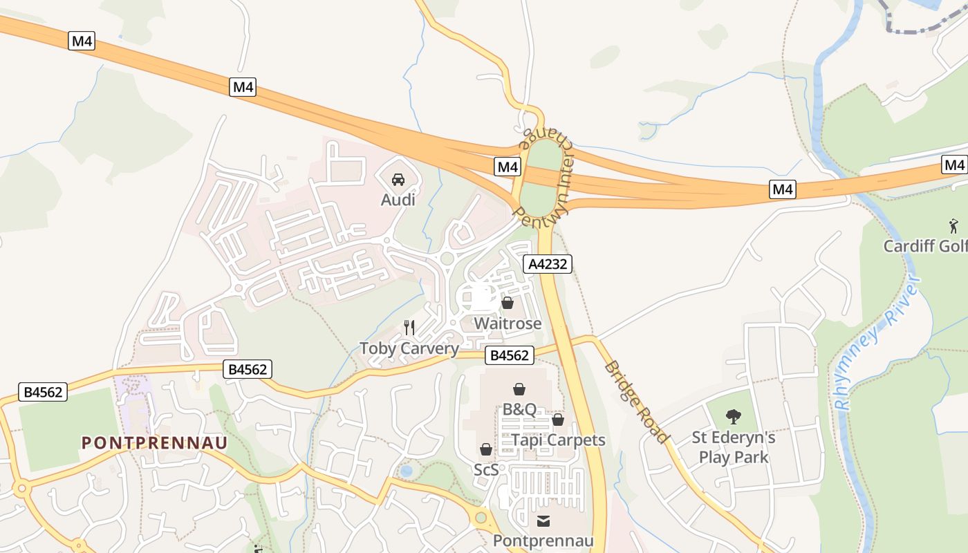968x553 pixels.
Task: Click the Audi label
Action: click(x=398, y=200)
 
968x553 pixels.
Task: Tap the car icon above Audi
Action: click(x=398, y=180)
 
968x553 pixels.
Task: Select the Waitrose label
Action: click(x=508, y=324)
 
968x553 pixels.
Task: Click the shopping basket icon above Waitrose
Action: click(x=508, y=303)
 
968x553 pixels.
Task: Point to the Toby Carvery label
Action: click(x=409, y=348)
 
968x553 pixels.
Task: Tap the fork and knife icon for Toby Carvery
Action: click(x=409, y=327)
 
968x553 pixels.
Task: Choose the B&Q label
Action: click(x=519, y=409)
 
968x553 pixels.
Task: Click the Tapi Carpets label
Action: click(x=558, y=440)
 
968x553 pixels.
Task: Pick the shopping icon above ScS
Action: click(x=486, y=449)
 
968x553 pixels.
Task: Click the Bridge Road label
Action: click(x=636, y=402)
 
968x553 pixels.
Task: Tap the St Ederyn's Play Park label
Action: click(x=734, y=447)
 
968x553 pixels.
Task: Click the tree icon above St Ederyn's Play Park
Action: click(x=734, y=417)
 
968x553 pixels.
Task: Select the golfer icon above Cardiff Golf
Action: click(x=954, y=225)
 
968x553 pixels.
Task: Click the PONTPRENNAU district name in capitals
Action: click(x=155, y=442)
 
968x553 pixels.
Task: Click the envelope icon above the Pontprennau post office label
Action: click(x=543, y=521)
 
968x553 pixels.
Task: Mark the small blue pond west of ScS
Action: click(x=407, y=471)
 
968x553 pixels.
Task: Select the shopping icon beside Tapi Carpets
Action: click(x=558, y=420)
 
